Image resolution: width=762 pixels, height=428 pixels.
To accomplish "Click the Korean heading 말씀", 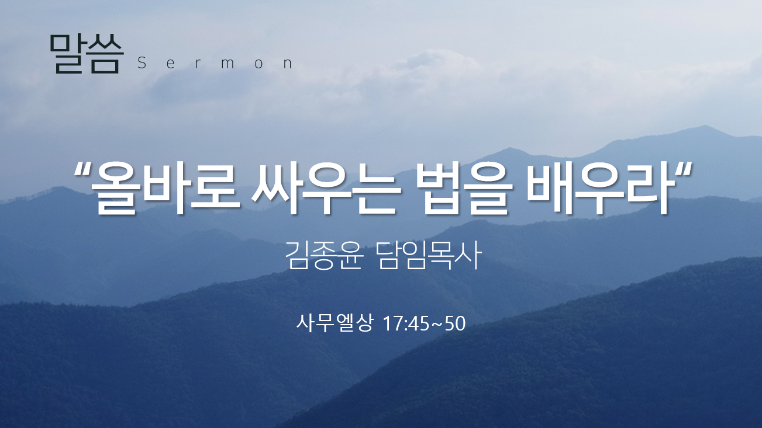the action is [x=86, y=54].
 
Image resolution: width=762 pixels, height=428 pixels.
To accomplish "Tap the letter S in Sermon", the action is [x=142, y=63].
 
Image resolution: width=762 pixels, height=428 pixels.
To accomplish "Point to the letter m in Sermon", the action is [x=227, y=64].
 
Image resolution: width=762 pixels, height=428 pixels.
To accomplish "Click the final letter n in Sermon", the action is [x=288, y=64].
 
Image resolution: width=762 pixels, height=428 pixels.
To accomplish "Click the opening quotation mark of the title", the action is [x=82, y=169].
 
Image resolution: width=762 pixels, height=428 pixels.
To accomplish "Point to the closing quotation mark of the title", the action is [x=683, y=169].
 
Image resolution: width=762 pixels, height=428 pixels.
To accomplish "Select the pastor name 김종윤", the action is [x=323, y=255].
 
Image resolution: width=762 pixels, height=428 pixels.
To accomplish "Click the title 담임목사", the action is [x=429, y=255].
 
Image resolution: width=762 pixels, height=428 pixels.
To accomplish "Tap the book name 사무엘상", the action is [x=335, y=323].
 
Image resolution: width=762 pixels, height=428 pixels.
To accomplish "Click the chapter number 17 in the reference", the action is [x=393, y=323].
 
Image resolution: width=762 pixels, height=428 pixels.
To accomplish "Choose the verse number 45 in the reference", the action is [x=419, y=323].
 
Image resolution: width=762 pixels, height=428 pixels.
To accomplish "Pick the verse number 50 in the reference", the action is [x=455, y=323].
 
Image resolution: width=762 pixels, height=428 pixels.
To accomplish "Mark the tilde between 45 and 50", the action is [x=437, y=325].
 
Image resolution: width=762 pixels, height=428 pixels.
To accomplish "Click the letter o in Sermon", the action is [x=259, y=64].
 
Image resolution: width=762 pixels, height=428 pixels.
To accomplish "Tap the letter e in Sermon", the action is [x=171, y=64].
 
